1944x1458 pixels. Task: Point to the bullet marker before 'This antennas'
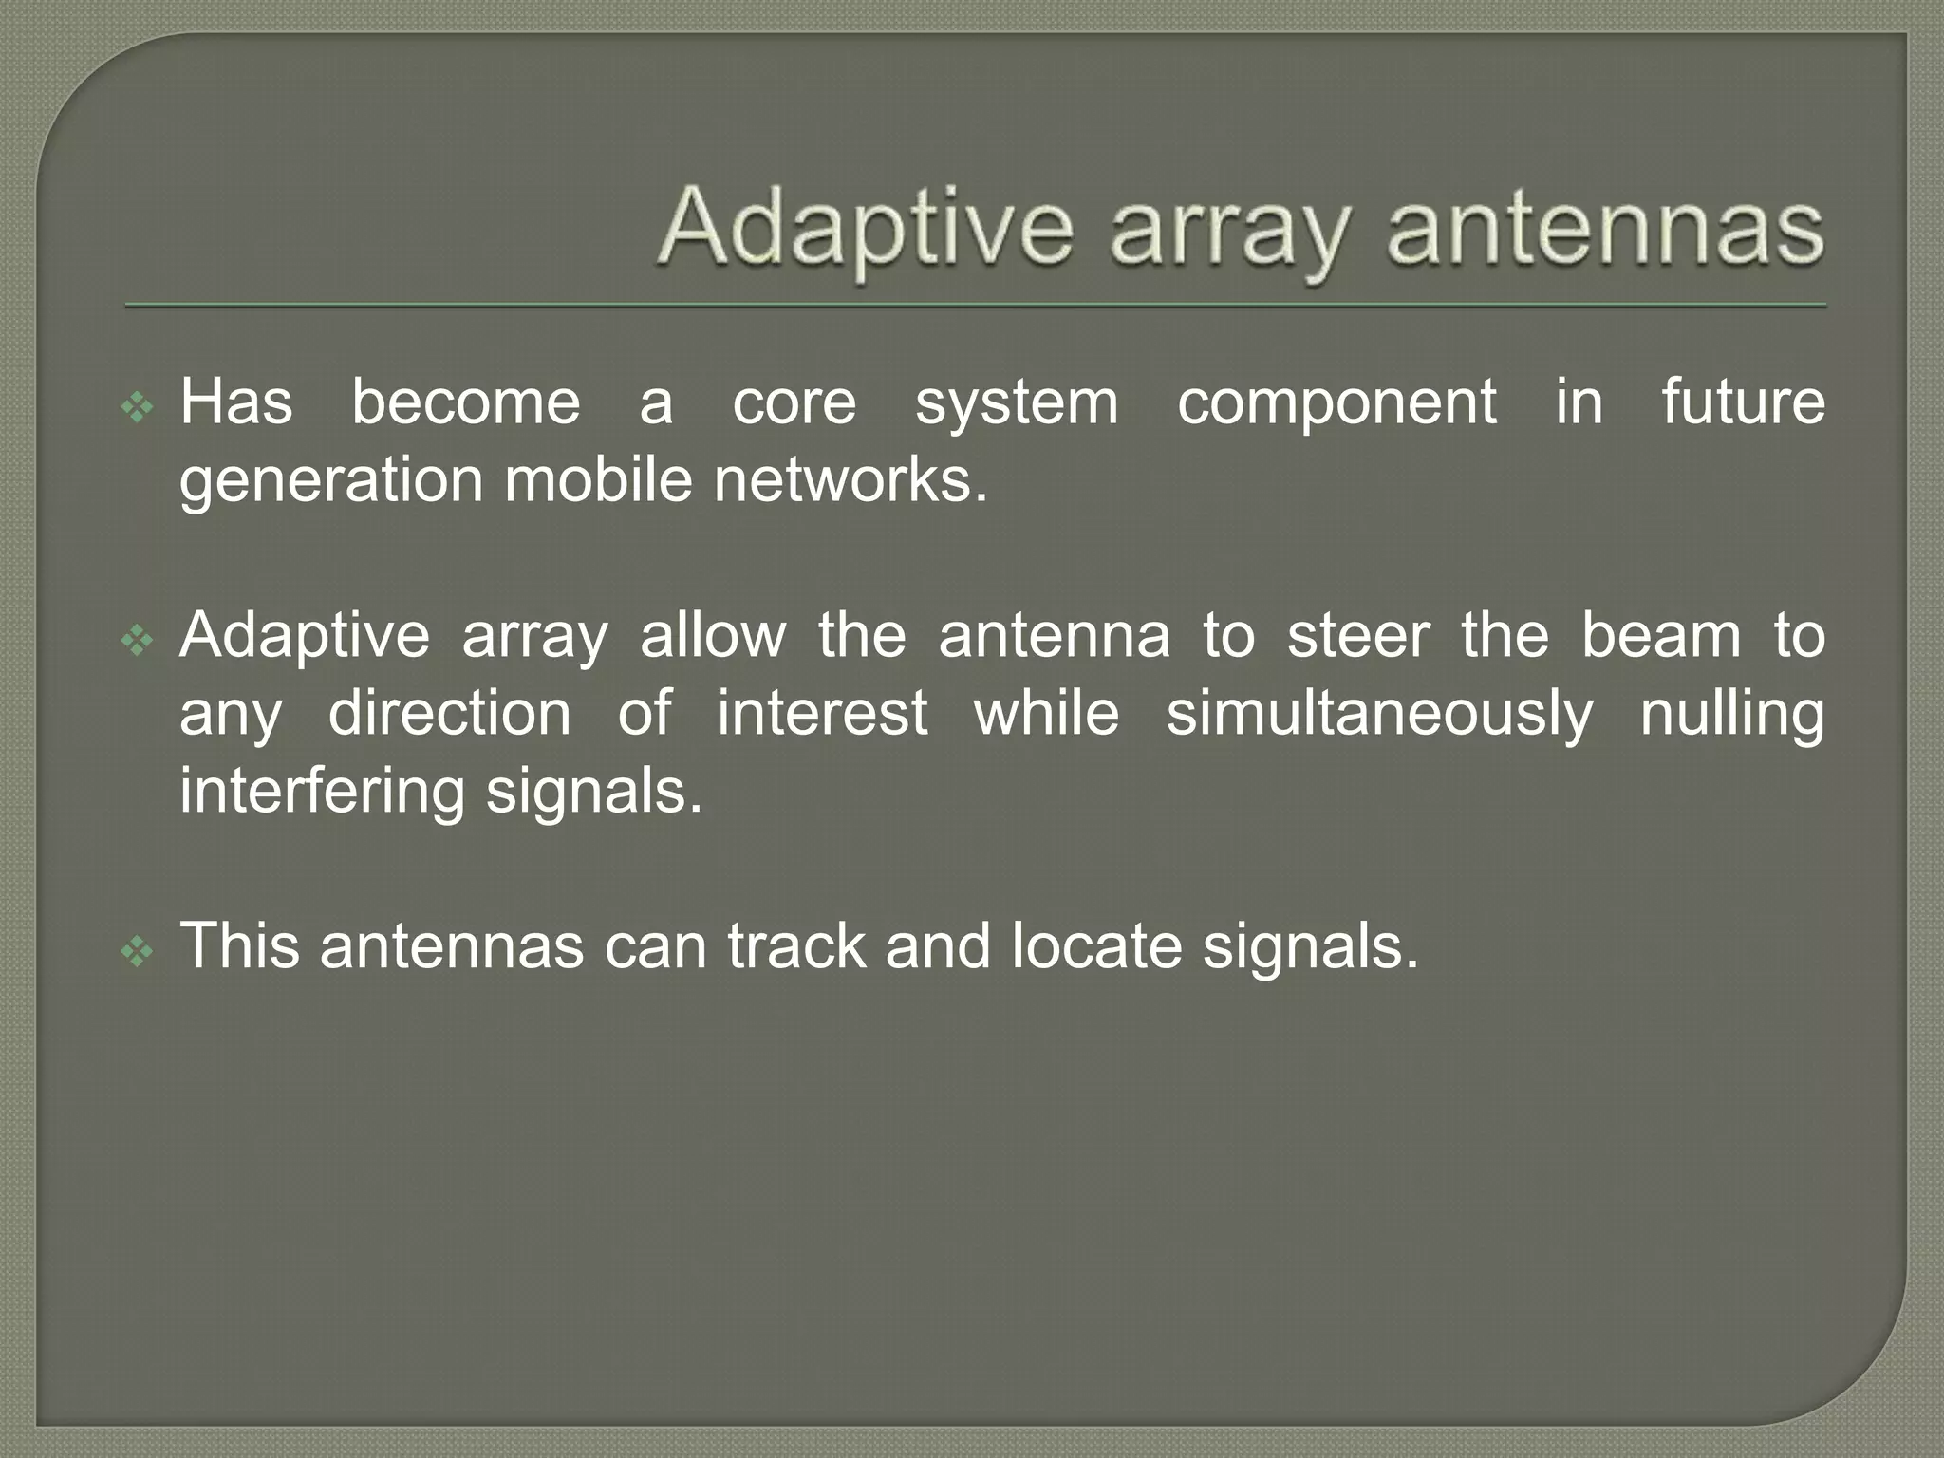point(138,952)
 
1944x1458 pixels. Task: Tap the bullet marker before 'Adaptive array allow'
point(138,642)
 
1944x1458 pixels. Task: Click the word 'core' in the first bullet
point(794,402)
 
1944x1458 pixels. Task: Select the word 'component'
point(1336,402)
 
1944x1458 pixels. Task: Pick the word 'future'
point(1743,402)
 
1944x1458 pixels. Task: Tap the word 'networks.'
point(850,480)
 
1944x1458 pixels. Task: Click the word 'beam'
point(1660,636)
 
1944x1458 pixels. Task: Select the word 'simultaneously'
point(1379,714)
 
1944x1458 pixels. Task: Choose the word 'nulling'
point(1731,714)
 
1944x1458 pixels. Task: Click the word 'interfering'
point(322,792)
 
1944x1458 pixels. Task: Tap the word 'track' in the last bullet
point(795,947)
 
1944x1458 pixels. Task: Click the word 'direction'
point(449,714)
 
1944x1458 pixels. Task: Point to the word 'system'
point(1017,402)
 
